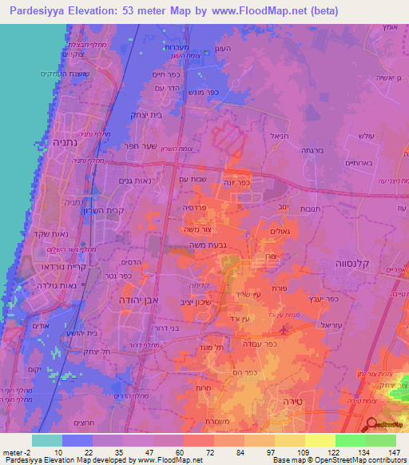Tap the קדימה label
(198, 283)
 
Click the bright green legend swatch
(350, 440)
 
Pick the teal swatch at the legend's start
(46, 440)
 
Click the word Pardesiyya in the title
(37, 11)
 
